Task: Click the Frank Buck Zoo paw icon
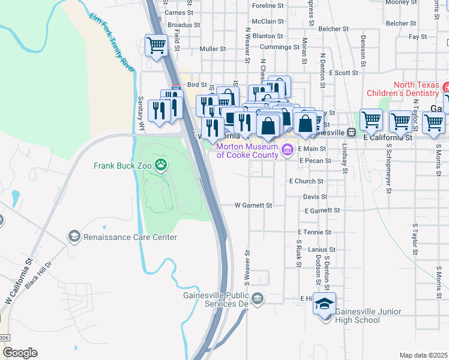pyautogui.click(x=160, y=164)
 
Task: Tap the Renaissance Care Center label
pyautogui.click(x=130, y=237)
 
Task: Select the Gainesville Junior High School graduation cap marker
pyautogui.click(x=324, y=304)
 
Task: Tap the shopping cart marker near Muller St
pyautogui.click(x=156, y=45)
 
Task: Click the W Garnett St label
pyautogui.click(x=253, y=205)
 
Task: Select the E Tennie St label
pyautogui.click(x=314, y=232)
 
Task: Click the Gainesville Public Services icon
pyautogui.click(x=258, y=298)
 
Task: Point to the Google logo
pyautogui.click(x=19, y=353)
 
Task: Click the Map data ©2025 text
pyautogui.click(x=423, y=355)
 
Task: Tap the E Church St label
pyautogui.click(x=306, y=181)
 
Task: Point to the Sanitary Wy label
pyautogui.click(x=142, y=113)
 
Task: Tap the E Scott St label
pyautogui.click(x=342, y=73)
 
